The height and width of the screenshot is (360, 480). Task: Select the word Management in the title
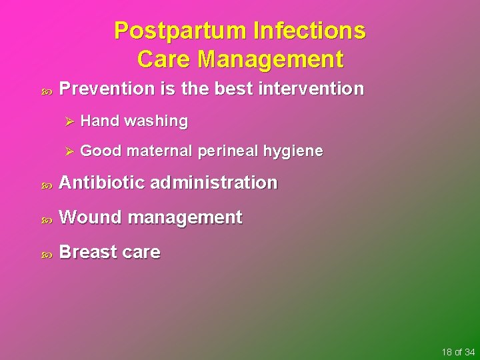point(270,59)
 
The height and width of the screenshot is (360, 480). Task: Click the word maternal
point(159,151)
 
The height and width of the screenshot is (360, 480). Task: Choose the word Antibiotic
point(102,183)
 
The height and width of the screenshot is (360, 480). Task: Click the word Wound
point(91,217)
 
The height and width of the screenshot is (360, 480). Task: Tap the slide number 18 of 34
point(457,351)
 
